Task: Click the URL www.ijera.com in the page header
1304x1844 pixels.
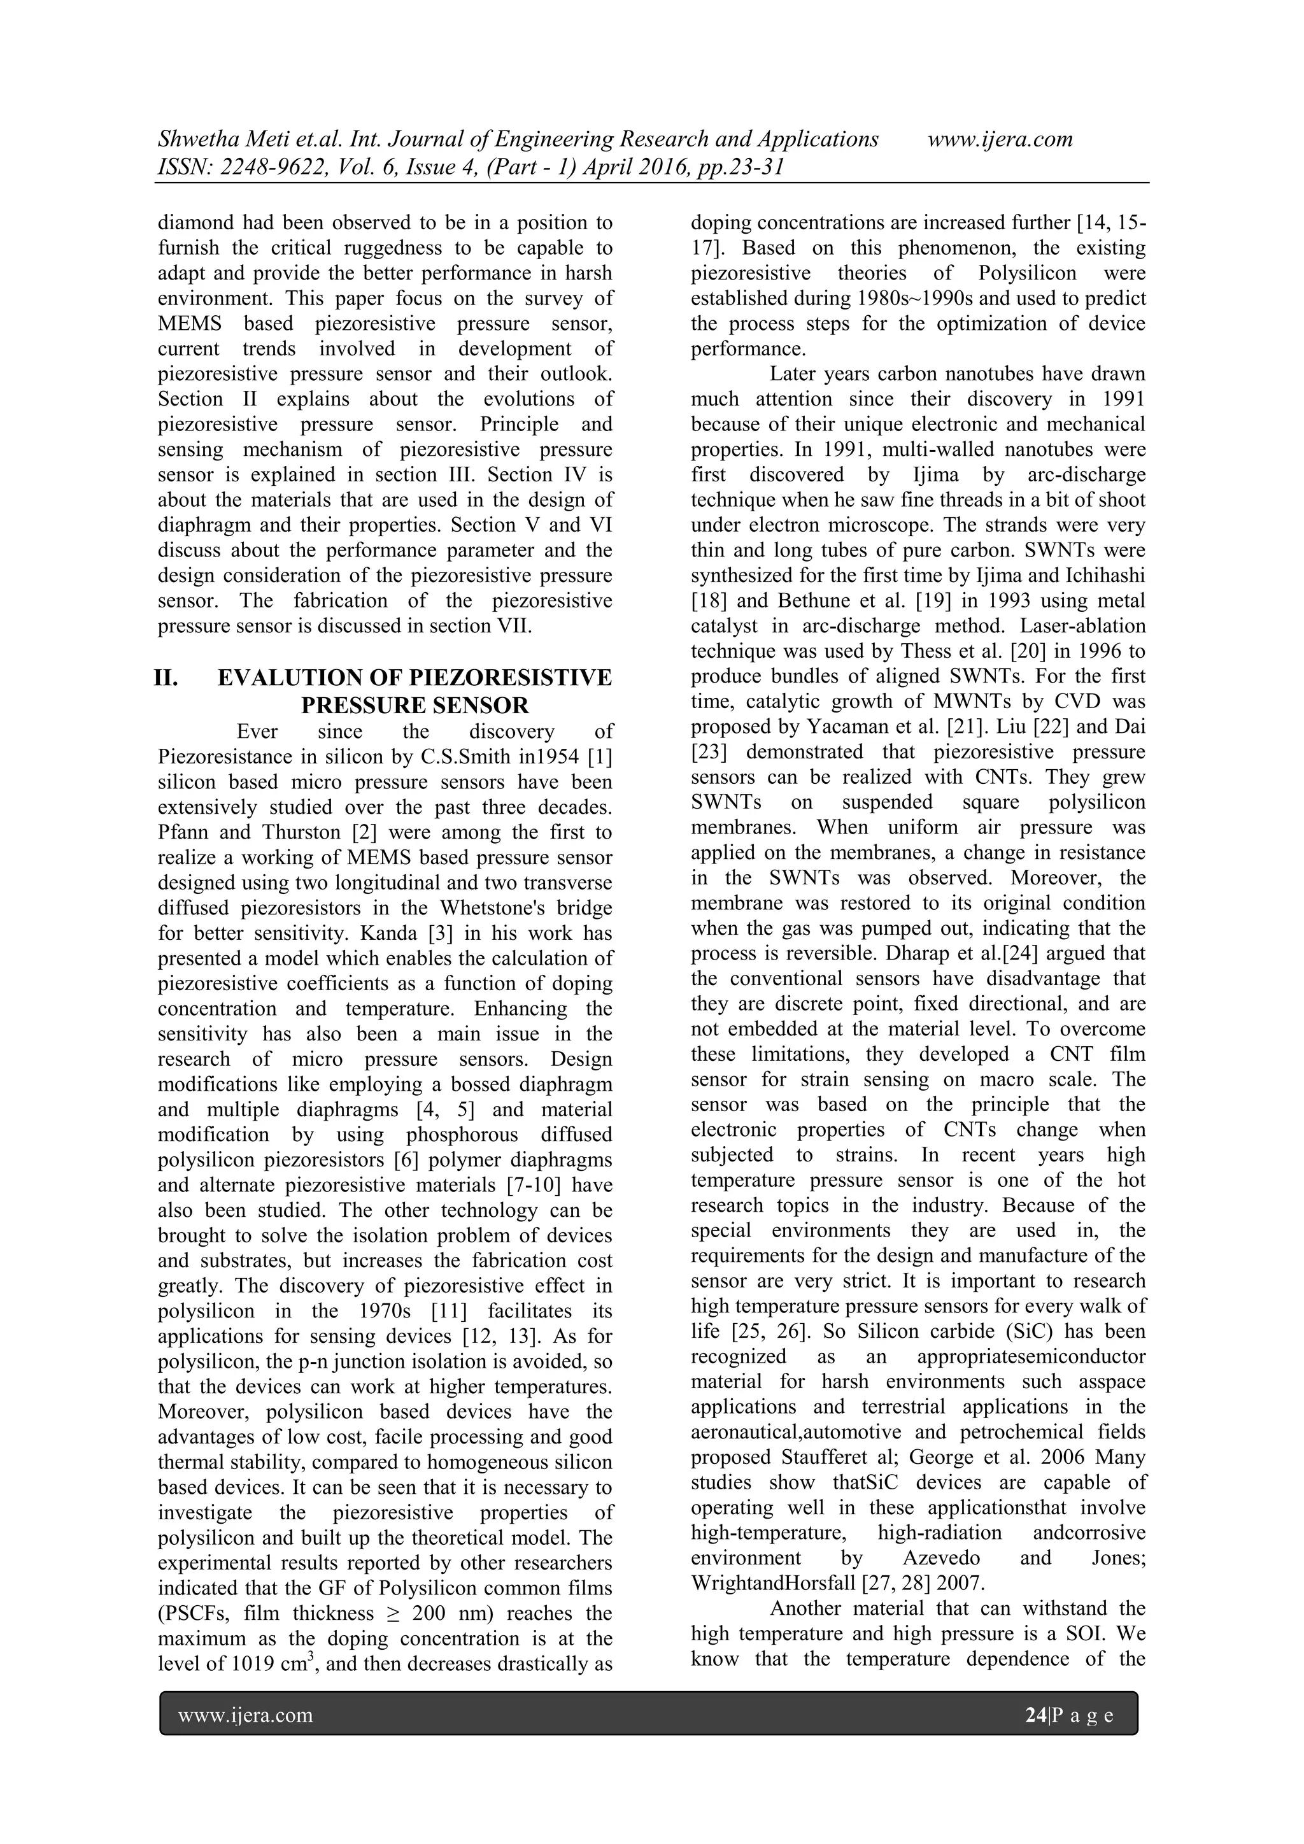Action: point(1000,139)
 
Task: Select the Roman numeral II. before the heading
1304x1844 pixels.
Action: point(166,678)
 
